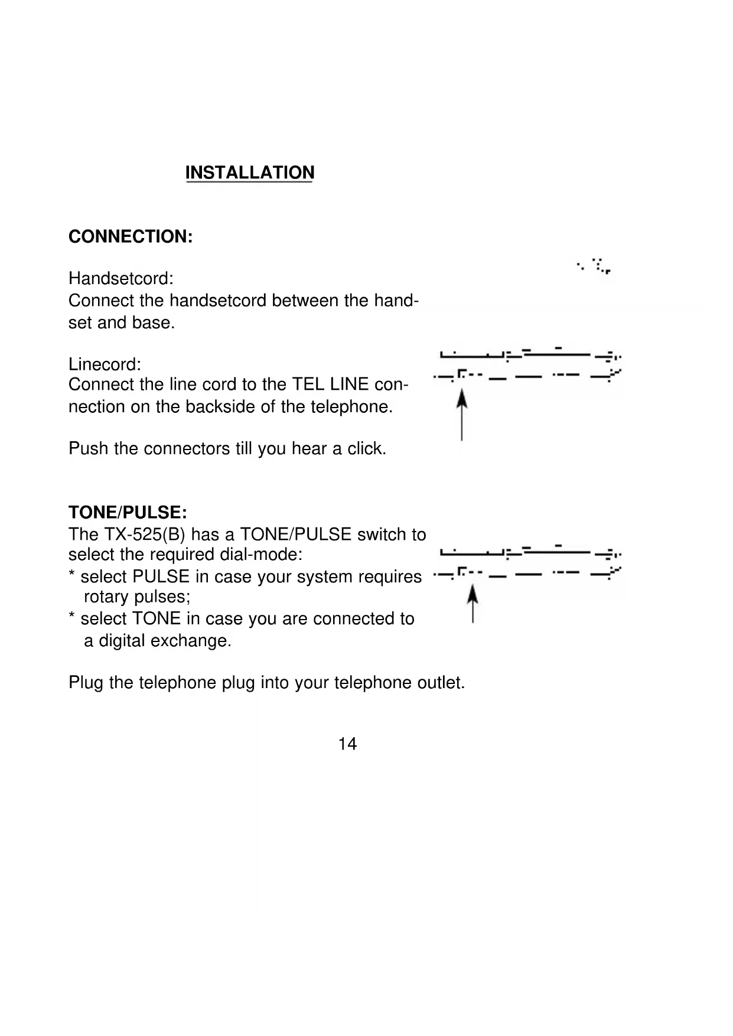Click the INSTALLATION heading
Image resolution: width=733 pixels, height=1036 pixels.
point(249,172)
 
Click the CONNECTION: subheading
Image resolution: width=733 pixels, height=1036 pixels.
point(131,237)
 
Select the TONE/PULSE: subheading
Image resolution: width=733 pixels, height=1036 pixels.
point(128,512)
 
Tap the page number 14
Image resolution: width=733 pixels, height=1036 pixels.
point(347,744)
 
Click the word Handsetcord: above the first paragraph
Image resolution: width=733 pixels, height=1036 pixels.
point(120,278)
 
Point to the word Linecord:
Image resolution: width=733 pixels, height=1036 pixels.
point(105,364)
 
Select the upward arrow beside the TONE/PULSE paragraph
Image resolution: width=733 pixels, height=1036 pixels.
point(473,603)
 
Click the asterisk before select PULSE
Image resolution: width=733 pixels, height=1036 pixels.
point(71,575)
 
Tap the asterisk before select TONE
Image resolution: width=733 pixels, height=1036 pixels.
point(71,617)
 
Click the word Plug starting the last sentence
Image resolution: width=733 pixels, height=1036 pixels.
point(86,683)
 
